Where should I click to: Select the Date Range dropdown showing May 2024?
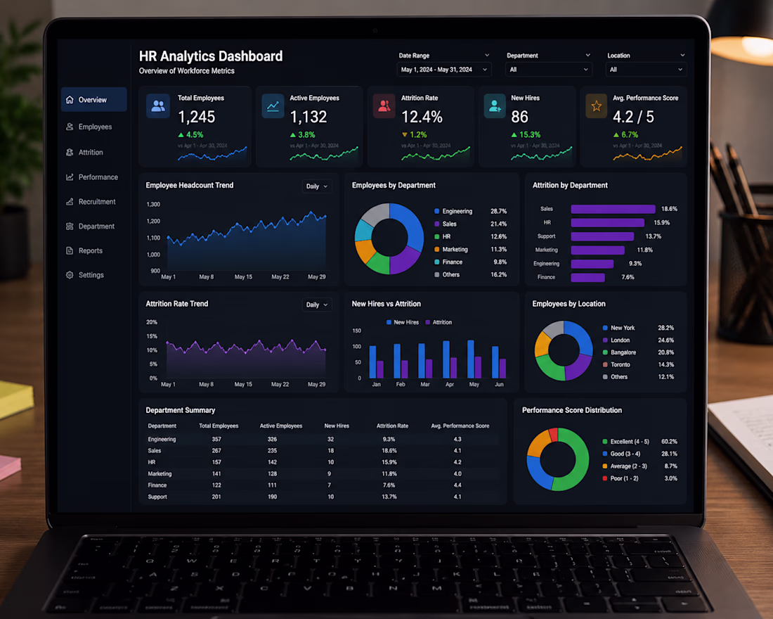[444, 70]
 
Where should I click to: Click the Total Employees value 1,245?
[196, 117]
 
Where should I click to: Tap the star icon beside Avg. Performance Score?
[596, 106]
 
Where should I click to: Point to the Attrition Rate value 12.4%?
[422, 117]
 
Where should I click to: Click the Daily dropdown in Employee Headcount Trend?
[316, 186]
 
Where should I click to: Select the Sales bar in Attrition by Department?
[613, 209]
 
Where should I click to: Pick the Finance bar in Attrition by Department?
[587, 277]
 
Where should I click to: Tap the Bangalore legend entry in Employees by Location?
[619, 352]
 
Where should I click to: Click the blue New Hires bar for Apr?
[446, 359]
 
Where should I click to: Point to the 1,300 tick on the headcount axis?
[153, 205]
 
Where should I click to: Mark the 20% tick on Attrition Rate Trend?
[152, 322]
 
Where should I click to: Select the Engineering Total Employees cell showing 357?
[216, 439]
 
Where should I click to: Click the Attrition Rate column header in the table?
[392, 426]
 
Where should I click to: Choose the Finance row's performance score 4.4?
[457, 485]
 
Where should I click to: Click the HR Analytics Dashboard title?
[211, 56]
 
